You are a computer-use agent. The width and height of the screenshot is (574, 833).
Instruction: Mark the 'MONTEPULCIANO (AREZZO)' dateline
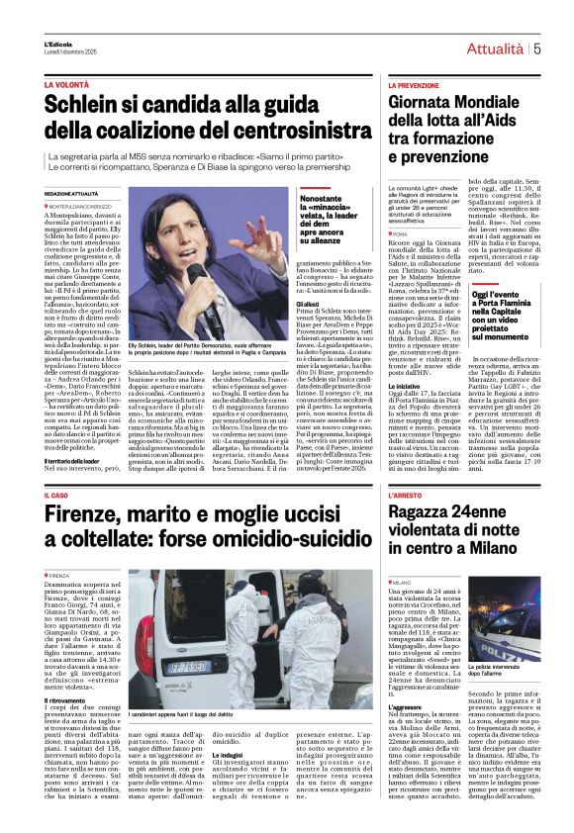(x=91, y=206)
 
